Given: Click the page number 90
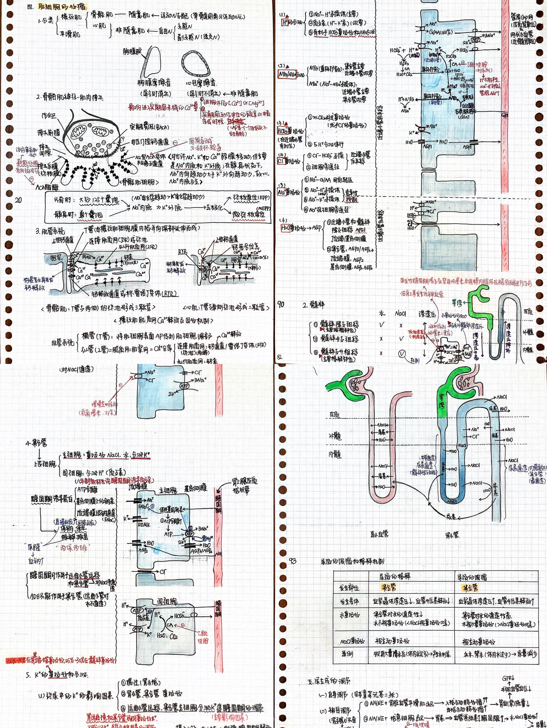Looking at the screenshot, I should [281, 304].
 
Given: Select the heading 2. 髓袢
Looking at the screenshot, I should [313, 305].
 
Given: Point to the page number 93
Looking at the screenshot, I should [293, 561].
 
